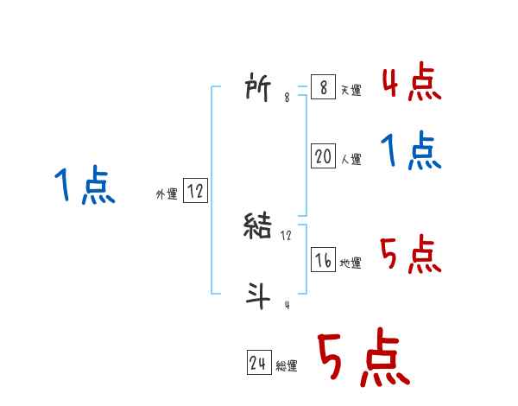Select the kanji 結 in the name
[x=260, y=226]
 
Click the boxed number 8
[x=322, y=88]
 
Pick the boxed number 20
[x=324, y=156]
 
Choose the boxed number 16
[x=324, y=260]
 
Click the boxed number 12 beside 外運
[x=195, y=192]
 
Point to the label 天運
[x=351, y=91]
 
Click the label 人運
[x=351, y=159]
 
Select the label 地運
[x=351, y=263]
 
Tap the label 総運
[x=287, y=366]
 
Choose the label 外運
[x=167, y=195]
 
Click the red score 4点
[x=410, y=83]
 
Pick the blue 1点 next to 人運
[x=411, y=152]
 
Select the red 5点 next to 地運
[x=410, y=254]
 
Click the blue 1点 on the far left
[x=85, y=186]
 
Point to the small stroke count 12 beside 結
[x=287, y=235]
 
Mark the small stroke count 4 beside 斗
[x=287, y=305]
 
